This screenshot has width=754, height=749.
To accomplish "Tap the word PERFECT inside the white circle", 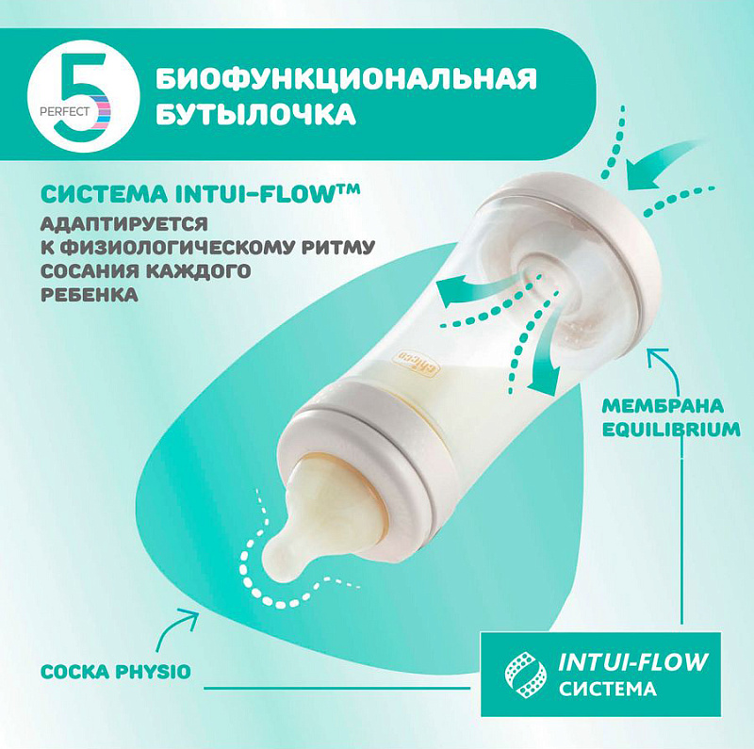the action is (64, 112).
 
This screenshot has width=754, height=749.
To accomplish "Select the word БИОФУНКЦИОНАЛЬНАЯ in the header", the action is (346, 79).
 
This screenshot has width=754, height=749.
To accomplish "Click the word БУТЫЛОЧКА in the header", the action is (255, 114).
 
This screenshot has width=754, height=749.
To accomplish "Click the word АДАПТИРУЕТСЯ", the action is (124, 224).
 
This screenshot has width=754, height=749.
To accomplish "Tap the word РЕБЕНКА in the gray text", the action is (90, 295).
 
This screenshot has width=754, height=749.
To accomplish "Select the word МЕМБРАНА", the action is (663, 406).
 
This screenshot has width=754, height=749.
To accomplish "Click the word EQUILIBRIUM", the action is (671, 430).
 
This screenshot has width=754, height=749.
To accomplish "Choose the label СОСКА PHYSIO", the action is (116, 672).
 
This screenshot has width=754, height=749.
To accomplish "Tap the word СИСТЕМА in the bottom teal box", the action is (607, 689).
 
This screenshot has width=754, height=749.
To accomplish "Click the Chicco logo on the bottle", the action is (417, 366).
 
